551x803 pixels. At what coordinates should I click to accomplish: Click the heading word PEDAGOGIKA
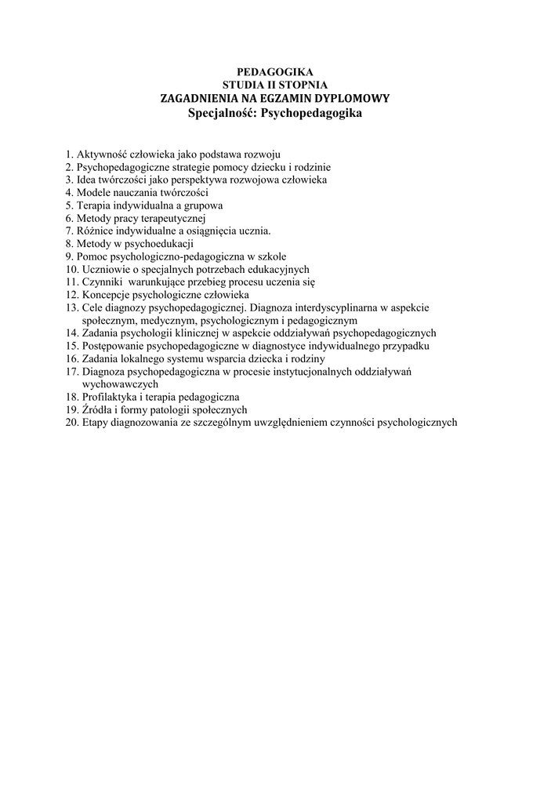pos(274,72)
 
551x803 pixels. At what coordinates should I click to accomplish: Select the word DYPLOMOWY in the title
pos(352,98)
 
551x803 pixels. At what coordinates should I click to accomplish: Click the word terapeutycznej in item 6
pos(172,218)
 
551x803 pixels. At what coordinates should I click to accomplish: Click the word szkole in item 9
pos(271,256)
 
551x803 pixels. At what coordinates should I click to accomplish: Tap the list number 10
pos(71,269)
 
